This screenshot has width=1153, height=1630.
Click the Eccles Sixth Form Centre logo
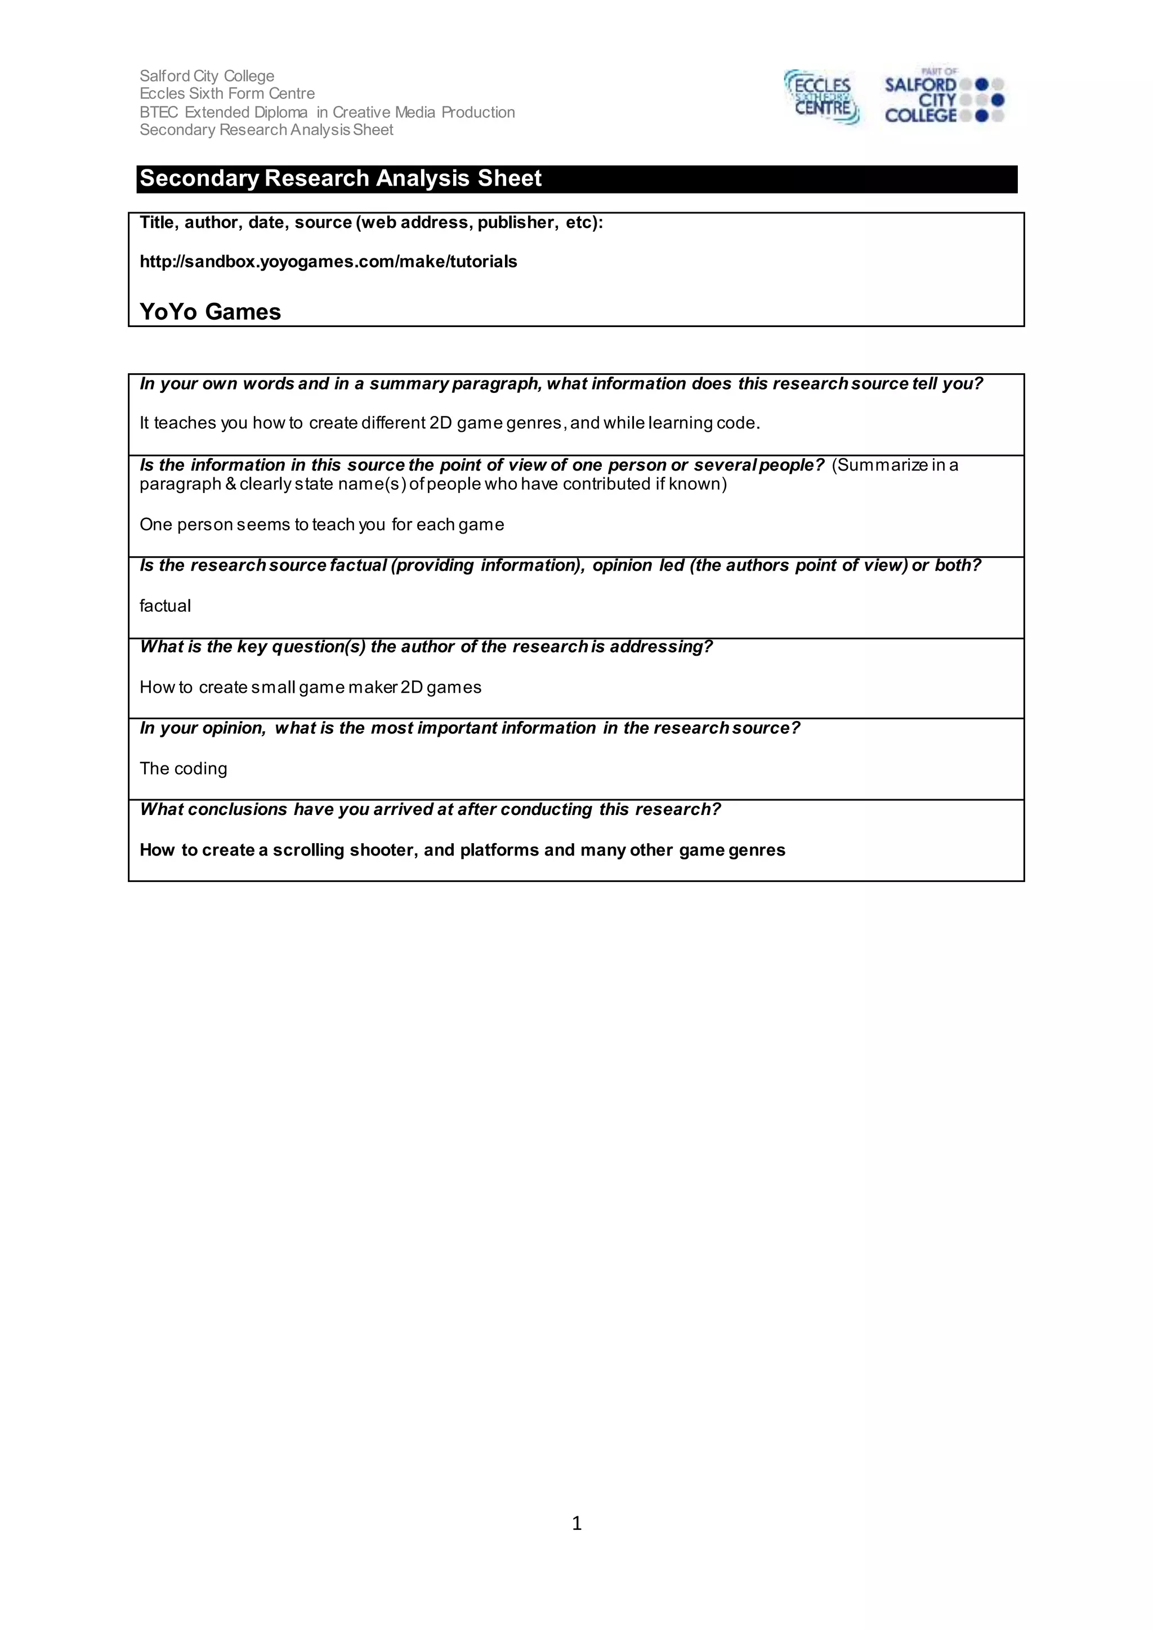[822, 97]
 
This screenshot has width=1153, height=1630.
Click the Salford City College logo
[944, 97]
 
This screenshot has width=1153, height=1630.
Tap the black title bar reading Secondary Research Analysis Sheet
[576, 179]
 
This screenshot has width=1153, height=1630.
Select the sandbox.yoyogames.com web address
[328, 262]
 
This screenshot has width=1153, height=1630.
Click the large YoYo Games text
[210, 312]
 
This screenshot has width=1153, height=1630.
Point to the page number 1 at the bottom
[576, 1523]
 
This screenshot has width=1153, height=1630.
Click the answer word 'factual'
[165, 606]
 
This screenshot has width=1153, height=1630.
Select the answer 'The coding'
[183, 769]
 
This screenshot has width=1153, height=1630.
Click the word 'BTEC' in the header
[159, 112]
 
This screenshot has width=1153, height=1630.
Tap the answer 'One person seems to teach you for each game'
[321, 525]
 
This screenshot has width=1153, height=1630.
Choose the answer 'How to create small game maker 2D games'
[310, 687]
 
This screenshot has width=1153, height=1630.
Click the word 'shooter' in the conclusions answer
[382, 850]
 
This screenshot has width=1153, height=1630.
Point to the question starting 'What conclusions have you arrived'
[430, 809]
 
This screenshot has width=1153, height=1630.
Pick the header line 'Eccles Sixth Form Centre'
[227, 93]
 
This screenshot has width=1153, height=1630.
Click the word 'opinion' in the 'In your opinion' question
[234, 728]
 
